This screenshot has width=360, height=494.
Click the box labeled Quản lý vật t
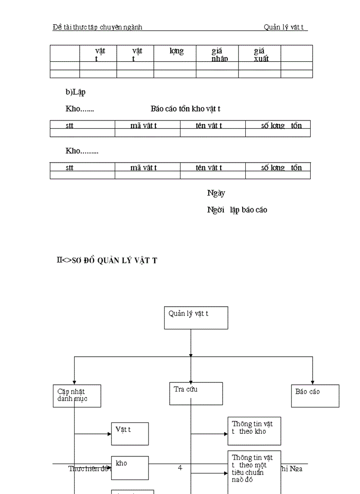click(x=196, y=318)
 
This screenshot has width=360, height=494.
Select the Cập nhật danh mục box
click(x=77, y=396)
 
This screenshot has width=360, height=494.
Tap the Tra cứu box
click(x=196, y=394)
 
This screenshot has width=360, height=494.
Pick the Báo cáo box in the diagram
click(x=315, y=396)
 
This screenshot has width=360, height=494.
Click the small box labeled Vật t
click(x=130, y=433)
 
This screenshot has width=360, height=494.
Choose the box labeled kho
click(x=130, y=467)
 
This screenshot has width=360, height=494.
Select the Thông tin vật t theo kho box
click(x=255, y=431)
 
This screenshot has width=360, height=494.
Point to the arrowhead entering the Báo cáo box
click(x=313, y=381)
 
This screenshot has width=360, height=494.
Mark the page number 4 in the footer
click(x=180, y=468)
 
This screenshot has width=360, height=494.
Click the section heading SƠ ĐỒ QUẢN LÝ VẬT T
click(x=107, y=260)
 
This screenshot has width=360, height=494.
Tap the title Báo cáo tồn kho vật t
click(x=186, y=109)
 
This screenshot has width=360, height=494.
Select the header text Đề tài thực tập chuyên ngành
click(x=97, y=27)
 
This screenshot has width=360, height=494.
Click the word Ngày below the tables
click(x=216, y=193)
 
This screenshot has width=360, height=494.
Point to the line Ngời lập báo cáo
click(x=237, y=210)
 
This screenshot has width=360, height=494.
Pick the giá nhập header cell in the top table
click(x=218, y=54)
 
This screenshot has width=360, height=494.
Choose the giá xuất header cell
click(x=260, y=54)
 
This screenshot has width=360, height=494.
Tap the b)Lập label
click(x=75, y=92)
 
